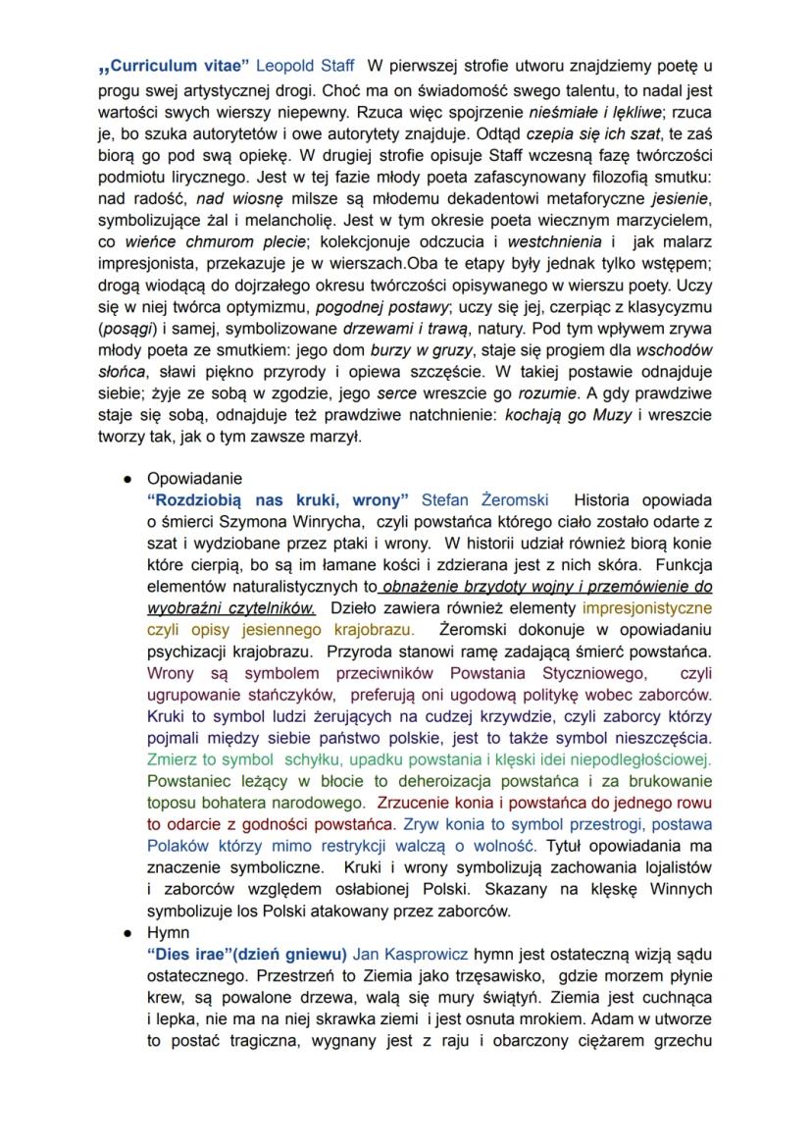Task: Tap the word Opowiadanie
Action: (x=193, y=479)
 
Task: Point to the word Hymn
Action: (x=168, y=932)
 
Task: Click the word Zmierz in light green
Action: (x=169, y=759)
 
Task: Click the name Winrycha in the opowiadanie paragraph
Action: (x=330, y=521)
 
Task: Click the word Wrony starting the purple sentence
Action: (x=169, y=673)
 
